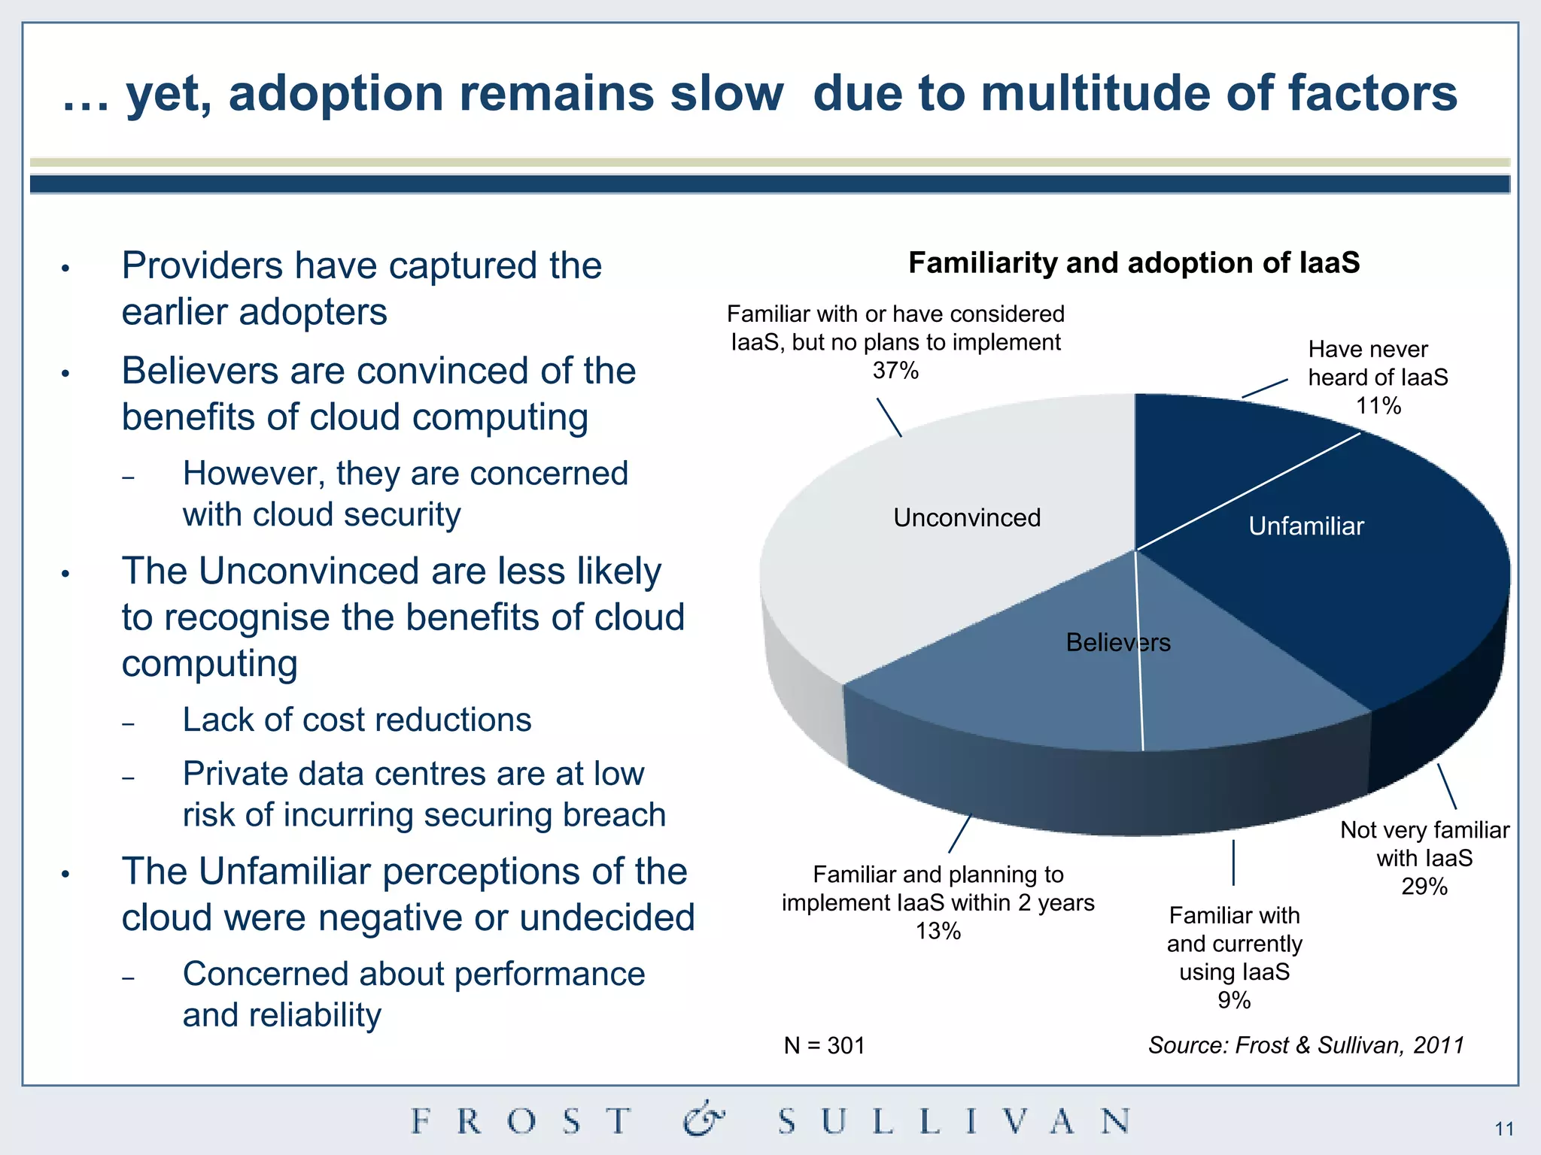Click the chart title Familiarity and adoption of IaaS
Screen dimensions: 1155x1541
tap(1134, 263)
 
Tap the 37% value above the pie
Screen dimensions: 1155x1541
tap(895, 371)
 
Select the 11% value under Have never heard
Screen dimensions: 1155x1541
tap(1378, 406)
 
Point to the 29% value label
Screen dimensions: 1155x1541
tap(1424, 887)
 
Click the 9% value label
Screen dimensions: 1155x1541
tap(1234, 1000)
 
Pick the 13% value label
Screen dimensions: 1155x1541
tap(938, 931)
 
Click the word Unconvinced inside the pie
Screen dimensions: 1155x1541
tap(967, 517)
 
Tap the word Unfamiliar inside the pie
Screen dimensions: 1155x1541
tap(1306, 526)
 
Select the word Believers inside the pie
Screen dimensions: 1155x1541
tap(1118, 642)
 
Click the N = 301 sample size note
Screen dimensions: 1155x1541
tap(824, 1045)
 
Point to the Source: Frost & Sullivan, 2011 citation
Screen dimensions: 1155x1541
tap(1305, 1045)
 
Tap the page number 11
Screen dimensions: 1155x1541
tap(1504, 1129)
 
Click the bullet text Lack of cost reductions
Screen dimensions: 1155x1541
tap(357, 720)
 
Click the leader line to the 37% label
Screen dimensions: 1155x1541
tap(889, 417)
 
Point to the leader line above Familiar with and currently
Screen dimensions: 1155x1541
tap(1234, 862)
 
